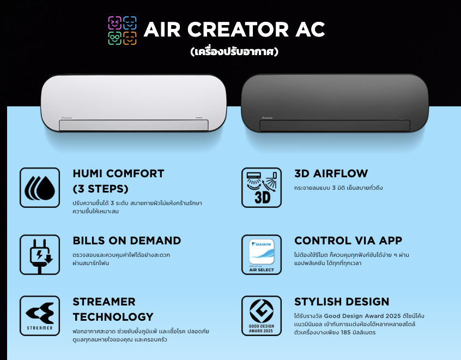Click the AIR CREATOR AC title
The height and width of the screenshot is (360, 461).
(x=234, y=29)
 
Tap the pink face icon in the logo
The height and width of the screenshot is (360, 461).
(x=114, y=23)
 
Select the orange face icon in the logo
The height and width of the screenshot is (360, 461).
(x=130, y=38)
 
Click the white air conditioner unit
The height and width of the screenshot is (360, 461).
(x=134, y=103)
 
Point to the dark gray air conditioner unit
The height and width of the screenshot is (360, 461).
(x=335, y=103)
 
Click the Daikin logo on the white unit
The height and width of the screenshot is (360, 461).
(x=66, y=118)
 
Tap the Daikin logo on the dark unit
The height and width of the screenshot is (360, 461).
(x=267, y=118)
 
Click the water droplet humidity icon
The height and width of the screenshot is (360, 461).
(x=40, y=188)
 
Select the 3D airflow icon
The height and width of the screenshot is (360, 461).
(x=262, y=188)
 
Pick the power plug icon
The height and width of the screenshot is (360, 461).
(x=40, y=255)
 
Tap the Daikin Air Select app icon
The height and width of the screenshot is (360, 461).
(x=262, y=255)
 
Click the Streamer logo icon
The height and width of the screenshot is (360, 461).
(x=40, y=316)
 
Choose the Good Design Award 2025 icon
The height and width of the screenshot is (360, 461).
(x=262, y=316)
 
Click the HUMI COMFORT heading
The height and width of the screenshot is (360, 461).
(x=118, y=181)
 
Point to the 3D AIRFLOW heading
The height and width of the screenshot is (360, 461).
(x=331, y=173)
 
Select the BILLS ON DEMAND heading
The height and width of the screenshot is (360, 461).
(x=127, y=241)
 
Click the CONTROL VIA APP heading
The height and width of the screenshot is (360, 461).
(x=348, y=241)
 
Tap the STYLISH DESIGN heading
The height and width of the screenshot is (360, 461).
(x=342, y=302)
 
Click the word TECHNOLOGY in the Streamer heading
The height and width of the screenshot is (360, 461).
(x=113, y=317)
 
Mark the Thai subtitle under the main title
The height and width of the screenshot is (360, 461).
(x=234, y=52)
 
